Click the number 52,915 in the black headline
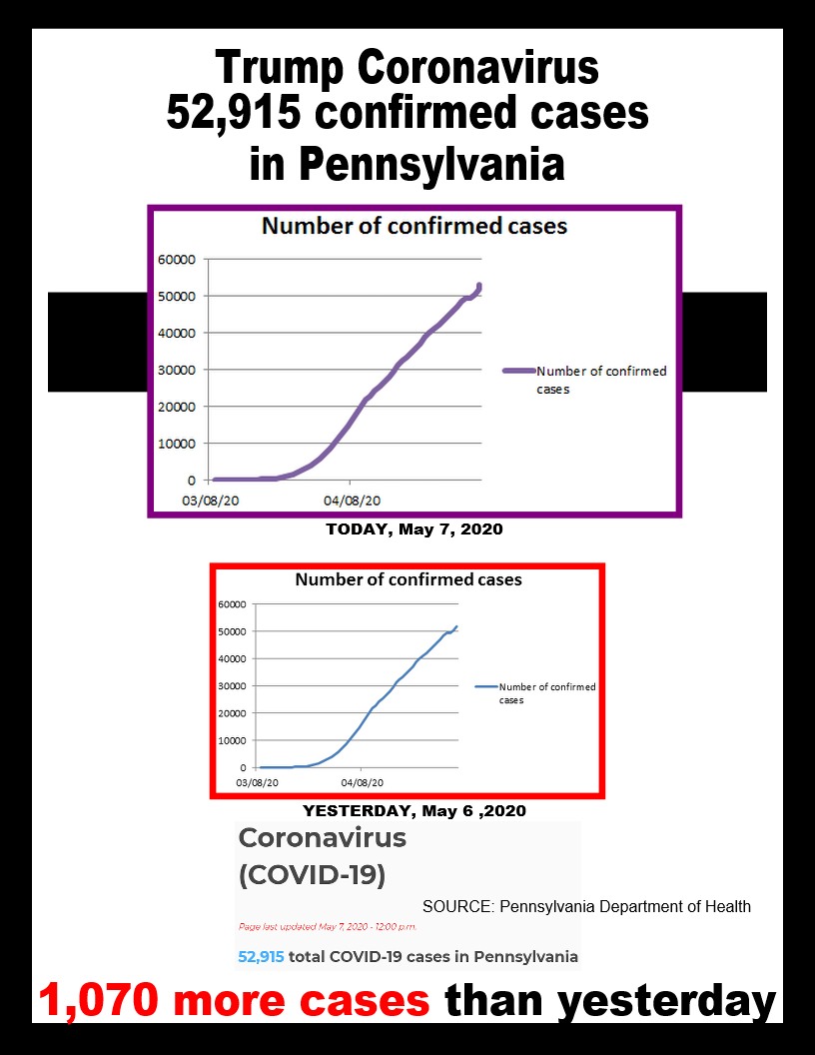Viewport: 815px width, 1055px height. click(233, 115)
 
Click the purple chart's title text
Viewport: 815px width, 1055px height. click(413, 226)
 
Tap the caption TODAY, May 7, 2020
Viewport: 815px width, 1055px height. click(413, 529)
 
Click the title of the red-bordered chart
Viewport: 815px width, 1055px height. click(407, 579)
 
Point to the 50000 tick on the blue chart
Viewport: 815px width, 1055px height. click(232, 631)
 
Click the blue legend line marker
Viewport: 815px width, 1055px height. click(485, 687)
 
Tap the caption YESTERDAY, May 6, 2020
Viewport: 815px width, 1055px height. click(413, 810)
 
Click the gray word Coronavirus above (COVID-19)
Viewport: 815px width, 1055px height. click(322, 838)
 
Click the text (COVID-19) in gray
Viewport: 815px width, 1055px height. click(312, 875)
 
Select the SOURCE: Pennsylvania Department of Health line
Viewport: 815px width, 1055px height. click(586, 907)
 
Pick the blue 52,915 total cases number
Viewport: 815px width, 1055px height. click(261, 956)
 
